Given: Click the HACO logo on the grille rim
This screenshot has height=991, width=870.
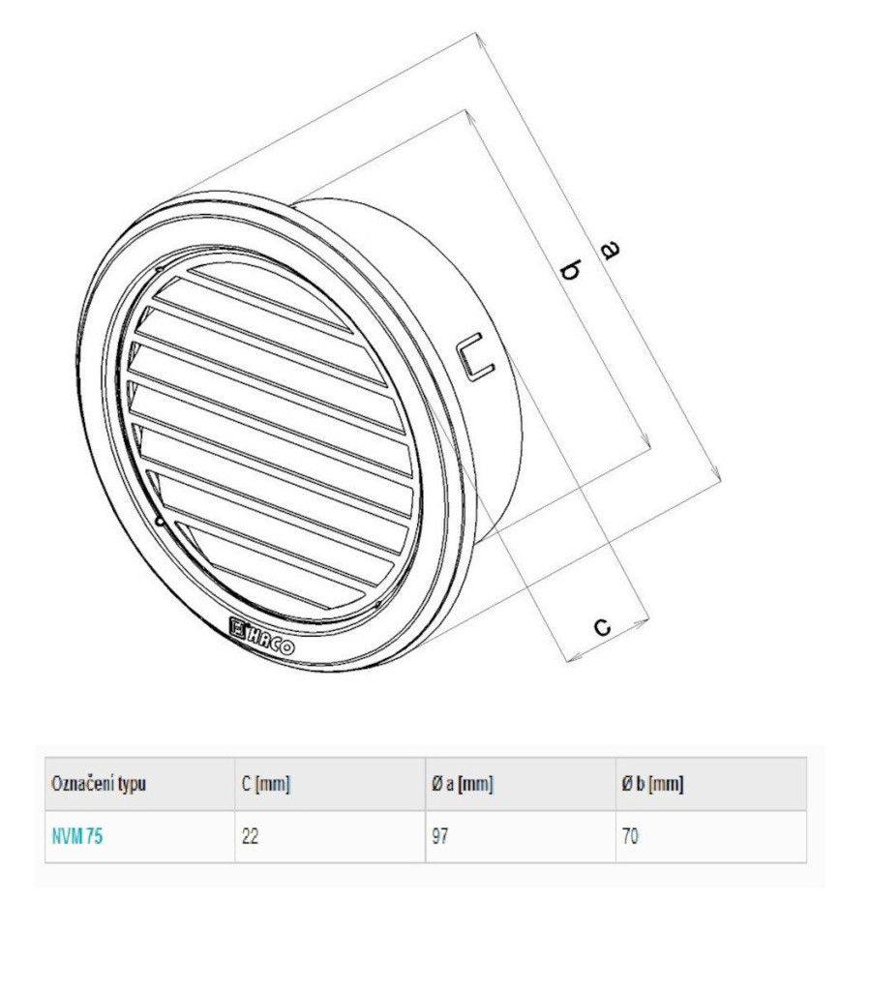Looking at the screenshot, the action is click(x=261, y=637).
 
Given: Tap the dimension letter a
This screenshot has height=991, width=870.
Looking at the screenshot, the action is click(x=609, y=251).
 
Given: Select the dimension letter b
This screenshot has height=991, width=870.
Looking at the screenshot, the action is click(x=571, y=271).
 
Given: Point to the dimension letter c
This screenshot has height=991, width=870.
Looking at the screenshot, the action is click(x=603, y=626).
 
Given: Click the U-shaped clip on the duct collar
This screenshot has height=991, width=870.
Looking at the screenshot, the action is click(x=475, y=355).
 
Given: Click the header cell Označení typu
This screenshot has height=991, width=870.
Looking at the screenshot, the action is click(x=99, y=784).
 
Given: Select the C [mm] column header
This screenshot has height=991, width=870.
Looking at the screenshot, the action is click(x=265, y=784).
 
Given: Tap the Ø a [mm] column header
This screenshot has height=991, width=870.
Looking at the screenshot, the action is click(x=463, y=784).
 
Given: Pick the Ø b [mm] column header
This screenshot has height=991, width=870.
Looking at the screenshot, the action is click(x=652, y=784).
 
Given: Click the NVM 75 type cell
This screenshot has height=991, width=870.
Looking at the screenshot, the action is click(x=77, y=836).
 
